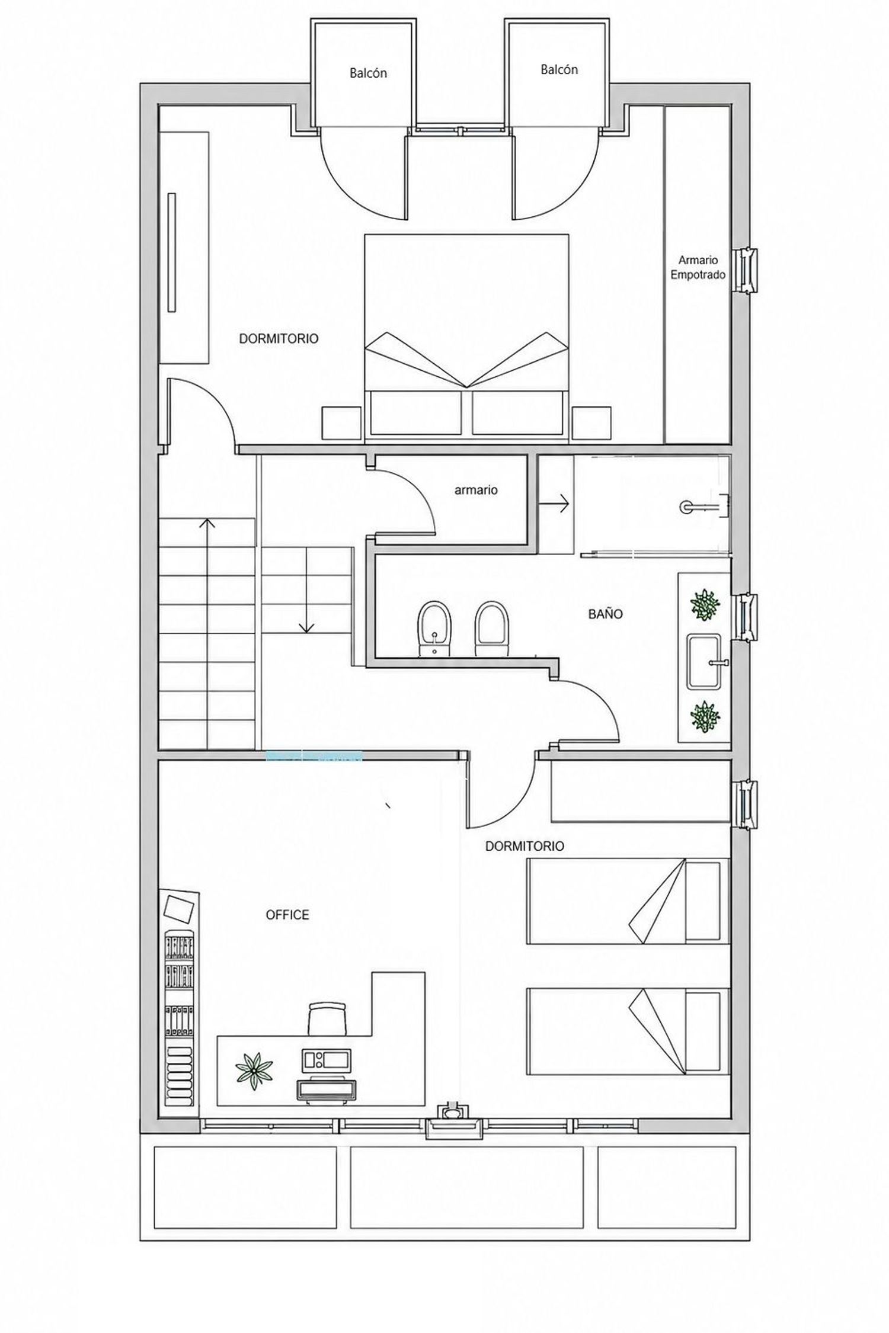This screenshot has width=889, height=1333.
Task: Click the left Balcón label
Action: (x=368, y=73)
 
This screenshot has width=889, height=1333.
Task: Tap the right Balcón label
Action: (x=559, y=70)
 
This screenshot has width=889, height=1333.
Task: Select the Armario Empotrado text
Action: (x=698, y=267)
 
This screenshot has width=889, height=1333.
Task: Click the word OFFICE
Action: (x=287, y=915)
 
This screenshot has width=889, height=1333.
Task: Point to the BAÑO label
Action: (x=605, y=614)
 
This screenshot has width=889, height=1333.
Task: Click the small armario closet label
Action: (x=476, y=490)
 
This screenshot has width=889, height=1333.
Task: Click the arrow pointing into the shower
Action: (x=554, y=504)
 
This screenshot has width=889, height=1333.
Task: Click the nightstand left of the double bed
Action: (x=341, y=423)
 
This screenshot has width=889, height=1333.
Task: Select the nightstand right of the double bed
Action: (x=591, y=423)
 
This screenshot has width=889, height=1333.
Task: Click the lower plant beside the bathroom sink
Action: (x=705, y=716)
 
